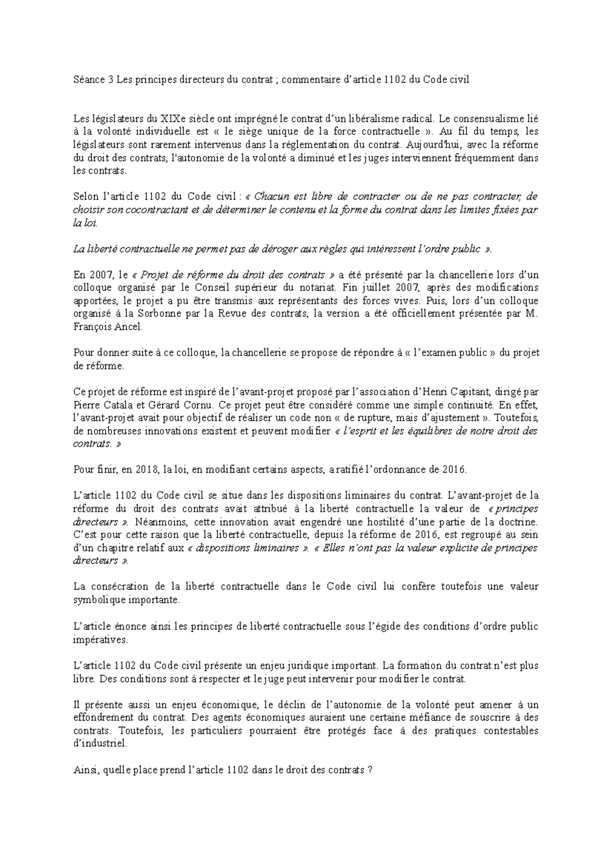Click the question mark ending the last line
[x=369, y=770]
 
